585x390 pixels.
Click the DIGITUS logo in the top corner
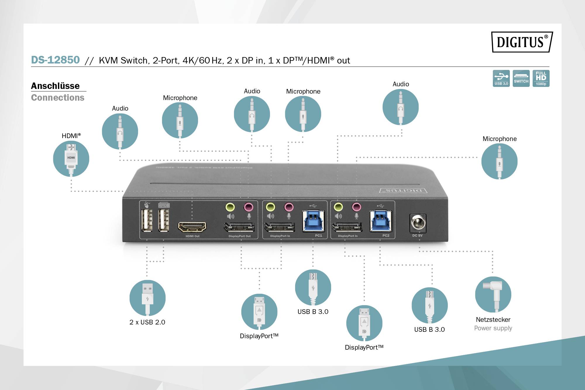pyautogui.click(x=522, y=42)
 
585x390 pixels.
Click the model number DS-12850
pyautogui.click(x=55, y=60)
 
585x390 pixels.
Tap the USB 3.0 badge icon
pyautogui.click(x=501, y=78)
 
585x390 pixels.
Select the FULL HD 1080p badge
pyautogui.click(x=541, y=78)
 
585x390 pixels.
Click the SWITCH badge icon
pyautogui.click(x=521, y=78)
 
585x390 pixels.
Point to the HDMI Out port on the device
pyautogui.click(x=192, y=227)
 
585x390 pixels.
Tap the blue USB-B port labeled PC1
pyautogui.click(x=313, y=221)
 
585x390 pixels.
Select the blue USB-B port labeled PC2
pyautogui.click(x=381, y=221)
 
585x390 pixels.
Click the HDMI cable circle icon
pyautogui.click(x=71, y=159)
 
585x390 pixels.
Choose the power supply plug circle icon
pyautogui.click(x=493, y=294)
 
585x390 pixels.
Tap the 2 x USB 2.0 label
pyautogui.click(x=147, y=322)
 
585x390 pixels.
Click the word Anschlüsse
pyautogui.click(x=55, y=86)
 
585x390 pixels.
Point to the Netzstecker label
pyautogui.click(x=493, y=319)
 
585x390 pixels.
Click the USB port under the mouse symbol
pyautogui.click(x=147, y=220)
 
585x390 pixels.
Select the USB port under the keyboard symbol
pyautogui.click(x=164, y=220)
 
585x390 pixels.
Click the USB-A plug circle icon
pyautogui.click(x=147, y=298)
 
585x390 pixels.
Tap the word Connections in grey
pyautogui.click(x=58, y=97)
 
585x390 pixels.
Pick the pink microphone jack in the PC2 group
pyautogui.click(x=356, y=207)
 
